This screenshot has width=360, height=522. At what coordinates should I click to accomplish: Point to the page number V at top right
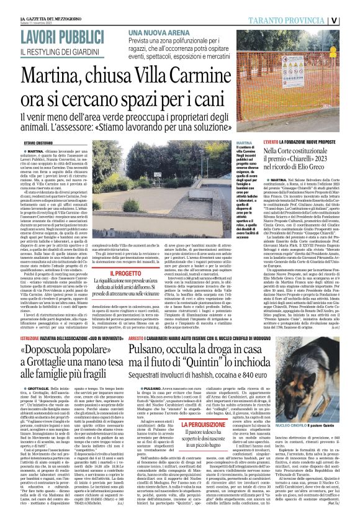coord(351,19)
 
